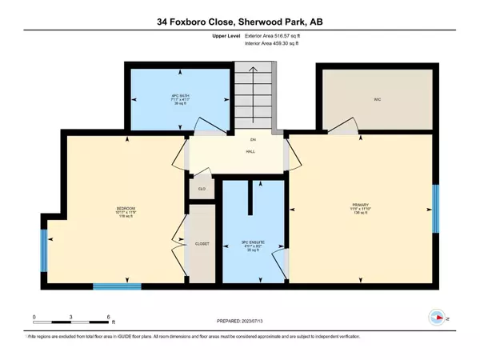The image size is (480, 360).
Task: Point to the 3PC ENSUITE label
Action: [252, 246]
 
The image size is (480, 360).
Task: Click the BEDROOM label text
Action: [125, 213]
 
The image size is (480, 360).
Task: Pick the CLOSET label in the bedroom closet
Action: [201, 243]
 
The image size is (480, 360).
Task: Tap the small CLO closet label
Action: [201, 190]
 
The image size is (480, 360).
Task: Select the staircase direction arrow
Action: [253, 88]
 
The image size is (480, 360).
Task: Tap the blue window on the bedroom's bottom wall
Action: [111, 286]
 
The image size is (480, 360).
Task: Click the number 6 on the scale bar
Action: [108, 318]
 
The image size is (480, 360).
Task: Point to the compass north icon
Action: [436, 317]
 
